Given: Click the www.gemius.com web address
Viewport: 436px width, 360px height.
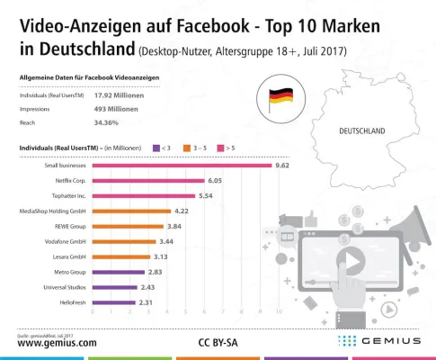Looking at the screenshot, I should tap(57, 343).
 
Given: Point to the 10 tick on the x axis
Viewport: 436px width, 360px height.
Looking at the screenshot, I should tap(279, 312).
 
